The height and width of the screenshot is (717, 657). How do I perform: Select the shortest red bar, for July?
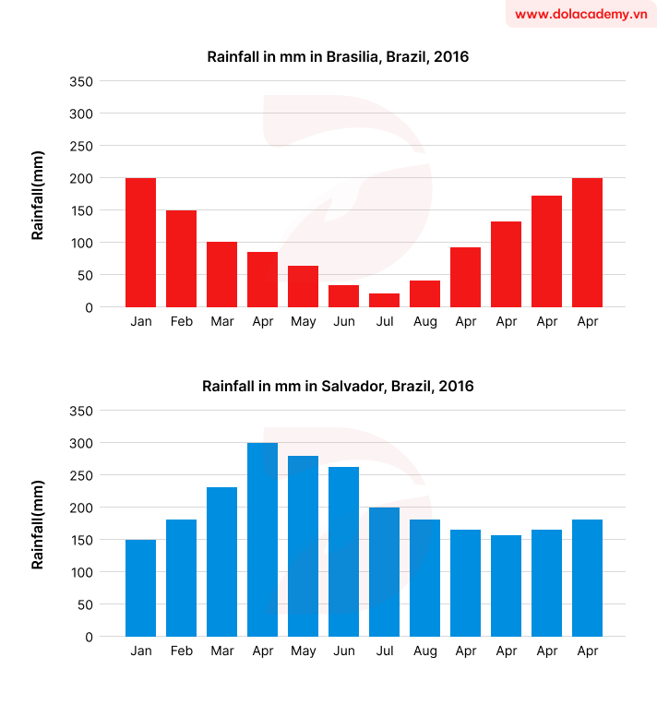(384, 301)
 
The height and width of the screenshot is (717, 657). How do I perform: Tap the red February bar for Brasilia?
(181, 259)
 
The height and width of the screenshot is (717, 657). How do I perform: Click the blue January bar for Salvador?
(140, 589)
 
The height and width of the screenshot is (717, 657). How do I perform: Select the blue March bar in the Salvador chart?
(221, 562)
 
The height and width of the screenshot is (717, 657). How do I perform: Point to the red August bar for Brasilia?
(424, 294)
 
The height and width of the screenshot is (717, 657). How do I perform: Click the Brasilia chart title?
(338, 57)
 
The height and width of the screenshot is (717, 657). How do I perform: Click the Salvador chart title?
(338, 387)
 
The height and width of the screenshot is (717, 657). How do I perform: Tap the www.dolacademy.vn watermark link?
(580, 14)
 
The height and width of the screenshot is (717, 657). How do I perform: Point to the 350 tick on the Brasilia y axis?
(82, 81)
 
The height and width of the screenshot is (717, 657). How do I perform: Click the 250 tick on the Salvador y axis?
(82, 475)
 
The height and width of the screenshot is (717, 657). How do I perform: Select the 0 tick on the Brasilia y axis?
(90, 307)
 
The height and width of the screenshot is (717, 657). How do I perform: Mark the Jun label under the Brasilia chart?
(343, 322)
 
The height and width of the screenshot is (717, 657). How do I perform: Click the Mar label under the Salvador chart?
(221, 651)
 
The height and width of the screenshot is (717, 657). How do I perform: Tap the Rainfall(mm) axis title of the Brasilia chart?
(38, 195)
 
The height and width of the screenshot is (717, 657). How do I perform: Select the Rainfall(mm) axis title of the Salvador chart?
(38, 524)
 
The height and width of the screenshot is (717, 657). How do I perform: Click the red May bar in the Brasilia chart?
(303, 287)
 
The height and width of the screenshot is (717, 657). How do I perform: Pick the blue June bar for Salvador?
(343, 552)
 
